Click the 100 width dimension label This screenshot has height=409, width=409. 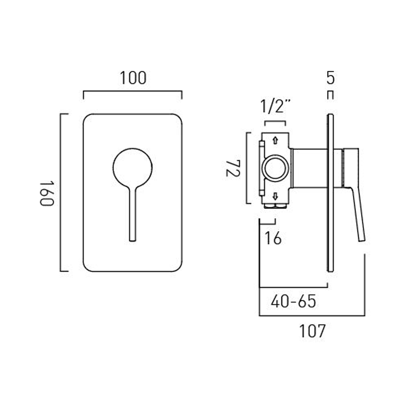click(x=133, y=78)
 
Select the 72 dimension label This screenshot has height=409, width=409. click(x=233, y=169)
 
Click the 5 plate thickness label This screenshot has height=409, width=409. click(x=330, y=78)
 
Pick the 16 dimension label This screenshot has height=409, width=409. click(x=273, y=238)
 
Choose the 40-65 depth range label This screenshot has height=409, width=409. click(x=293, y=301)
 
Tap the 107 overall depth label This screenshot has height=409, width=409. click(x=312, y=331)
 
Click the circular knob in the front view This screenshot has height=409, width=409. click(x=133, y=168)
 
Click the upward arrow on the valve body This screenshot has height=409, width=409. click(x=275, y=140)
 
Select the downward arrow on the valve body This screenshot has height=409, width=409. click(x=275, y=196)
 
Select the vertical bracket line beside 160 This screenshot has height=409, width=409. click(x=60, y=193)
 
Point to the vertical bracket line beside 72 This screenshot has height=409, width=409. click(x=246, y=168)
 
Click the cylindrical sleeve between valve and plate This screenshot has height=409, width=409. click(x=309, y=168)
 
